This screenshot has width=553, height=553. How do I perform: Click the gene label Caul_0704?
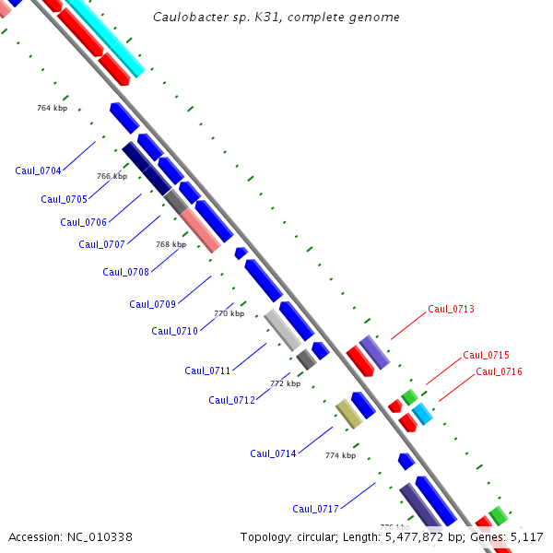click(x=38, y=171)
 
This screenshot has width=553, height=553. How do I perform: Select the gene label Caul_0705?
click(x=64, y=199)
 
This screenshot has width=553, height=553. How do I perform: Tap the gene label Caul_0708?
click(x=125, y=272)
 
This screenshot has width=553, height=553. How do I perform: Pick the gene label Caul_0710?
click(x=174, y=331)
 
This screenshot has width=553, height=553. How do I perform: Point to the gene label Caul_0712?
click(x=231, y=400)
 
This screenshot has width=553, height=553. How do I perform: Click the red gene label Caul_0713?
click(x=451, y=309)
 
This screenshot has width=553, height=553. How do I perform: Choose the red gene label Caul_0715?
click(x=486, y=355)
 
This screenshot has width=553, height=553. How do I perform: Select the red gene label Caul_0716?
click(x=499, y=371)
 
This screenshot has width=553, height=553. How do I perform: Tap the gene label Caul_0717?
click(x=315, y=509)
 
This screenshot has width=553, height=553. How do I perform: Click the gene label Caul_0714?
click(x=273, y=453)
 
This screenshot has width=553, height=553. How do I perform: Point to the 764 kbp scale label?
click(x=52, y=108)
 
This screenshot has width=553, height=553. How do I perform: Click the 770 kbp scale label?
click(x=229, y=313)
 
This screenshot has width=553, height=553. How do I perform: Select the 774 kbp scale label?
click(x=340, y=455)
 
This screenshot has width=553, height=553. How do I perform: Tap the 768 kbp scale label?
click(x=171, y=244)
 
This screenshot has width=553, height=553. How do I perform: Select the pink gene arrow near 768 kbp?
click(x=201, y=230)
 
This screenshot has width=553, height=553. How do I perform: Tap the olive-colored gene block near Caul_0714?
click(x=347, y=414)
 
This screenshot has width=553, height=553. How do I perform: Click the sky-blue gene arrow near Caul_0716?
click(x=422, y=413)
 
